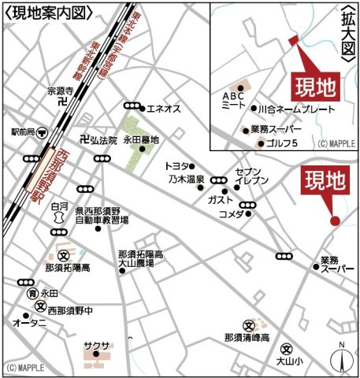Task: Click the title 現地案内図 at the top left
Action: pyautogui.click(x=49, y=11)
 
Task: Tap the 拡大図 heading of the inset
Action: pyautogui.click(x=347, y=35)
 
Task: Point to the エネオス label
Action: pyautogui.click(x=165, y=108)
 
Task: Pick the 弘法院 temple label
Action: pyautogui.click(x=103, y=140)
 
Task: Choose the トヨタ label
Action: pyautogui.click(x=176, y=166)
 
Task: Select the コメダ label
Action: pyautogui.click(x=231, y=214)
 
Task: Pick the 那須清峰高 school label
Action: pyautogui.click(x=247, y=337)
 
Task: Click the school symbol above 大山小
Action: pyautogui.click(x=287, y=348)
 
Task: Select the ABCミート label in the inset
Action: pyautogui.click(x=233, y=98)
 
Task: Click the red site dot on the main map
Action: pyautogui.click(x=334, y=220)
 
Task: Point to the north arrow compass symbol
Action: pyautogui.click(x=340, y=358)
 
